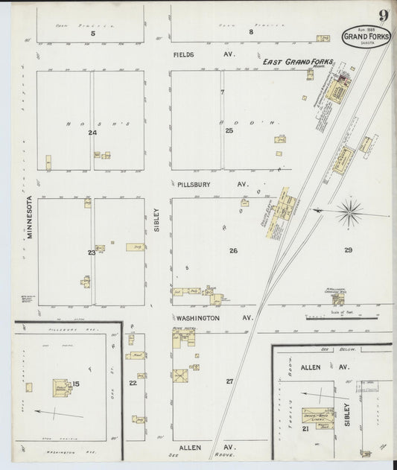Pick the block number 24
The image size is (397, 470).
click(x=92, y=133)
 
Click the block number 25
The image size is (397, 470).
click(x=229, y=130)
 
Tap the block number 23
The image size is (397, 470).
click(x=91, y=253)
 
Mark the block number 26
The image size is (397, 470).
click(x=233, y=251)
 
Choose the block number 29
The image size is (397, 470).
click(x=348, y=250)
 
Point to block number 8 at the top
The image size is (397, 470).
click(x=251, y=32)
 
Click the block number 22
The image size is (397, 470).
click(x=133, y=384)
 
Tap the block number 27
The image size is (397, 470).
click(x=229, y=381)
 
